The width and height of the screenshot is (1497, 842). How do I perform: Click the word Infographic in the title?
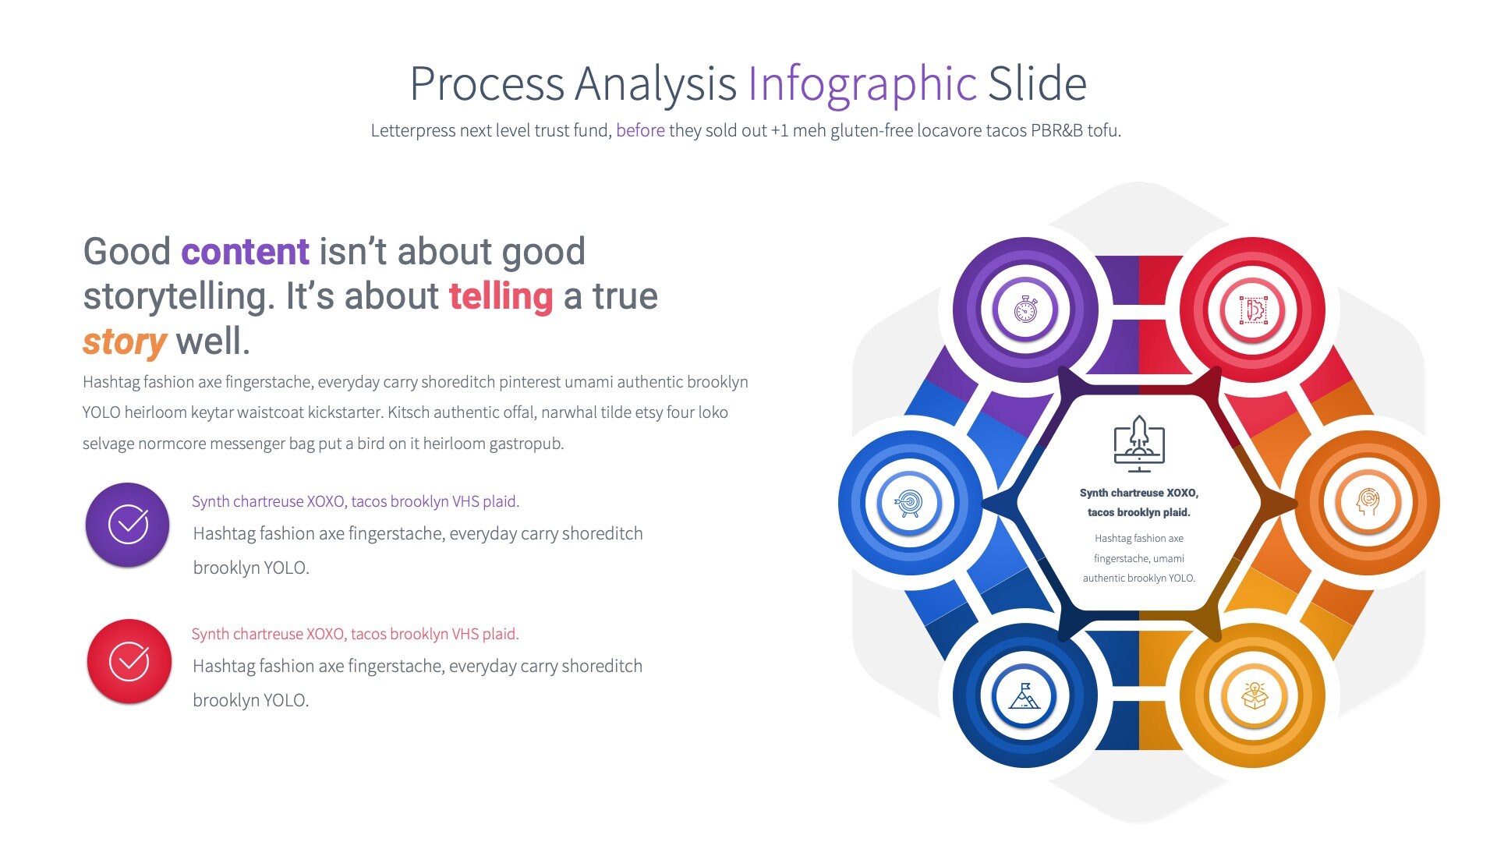click(862, 84)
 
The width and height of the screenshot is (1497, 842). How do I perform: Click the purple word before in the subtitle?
click(640, 130)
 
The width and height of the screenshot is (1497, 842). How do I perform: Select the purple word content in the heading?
click(245, 252)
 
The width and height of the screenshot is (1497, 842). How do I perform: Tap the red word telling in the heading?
click(501, 296)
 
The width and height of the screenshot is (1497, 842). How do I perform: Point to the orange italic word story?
click(124, 341)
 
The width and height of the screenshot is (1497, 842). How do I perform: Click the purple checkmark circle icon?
click(128, 525)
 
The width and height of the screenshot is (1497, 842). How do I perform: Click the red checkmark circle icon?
click(129, 661)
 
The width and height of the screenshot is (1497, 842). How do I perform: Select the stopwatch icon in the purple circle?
click(1025, 310)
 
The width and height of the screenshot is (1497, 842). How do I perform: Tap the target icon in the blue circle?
click(909, 503)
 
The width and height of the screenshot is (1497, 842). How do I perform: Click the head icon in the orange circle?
click(1368, 502)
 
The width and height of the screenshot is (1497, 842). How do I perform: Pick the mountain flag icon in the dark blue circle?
click(1025, 695)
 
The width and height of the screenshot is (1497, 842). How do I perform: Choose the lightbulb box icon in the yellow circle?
click(1253, 695)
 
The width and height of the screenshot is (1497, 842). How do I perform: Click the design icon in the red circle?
click(1253, 310)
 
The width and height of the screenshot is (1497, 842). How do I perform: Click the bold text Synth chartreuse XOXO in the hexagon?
click(1138, 493)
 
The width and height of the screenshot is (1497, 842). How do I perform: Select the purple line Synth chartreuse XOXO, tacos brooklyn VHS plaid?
click(356, 501)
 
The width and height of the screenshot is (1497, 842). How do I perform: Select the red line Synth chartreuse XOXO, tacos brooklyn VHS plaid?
click(356, 634)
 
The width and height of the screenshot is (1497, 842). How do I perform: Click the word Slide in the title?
click(1037, 84)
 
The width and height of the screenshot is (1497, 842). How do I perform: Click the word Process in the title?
click(487, 84)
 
